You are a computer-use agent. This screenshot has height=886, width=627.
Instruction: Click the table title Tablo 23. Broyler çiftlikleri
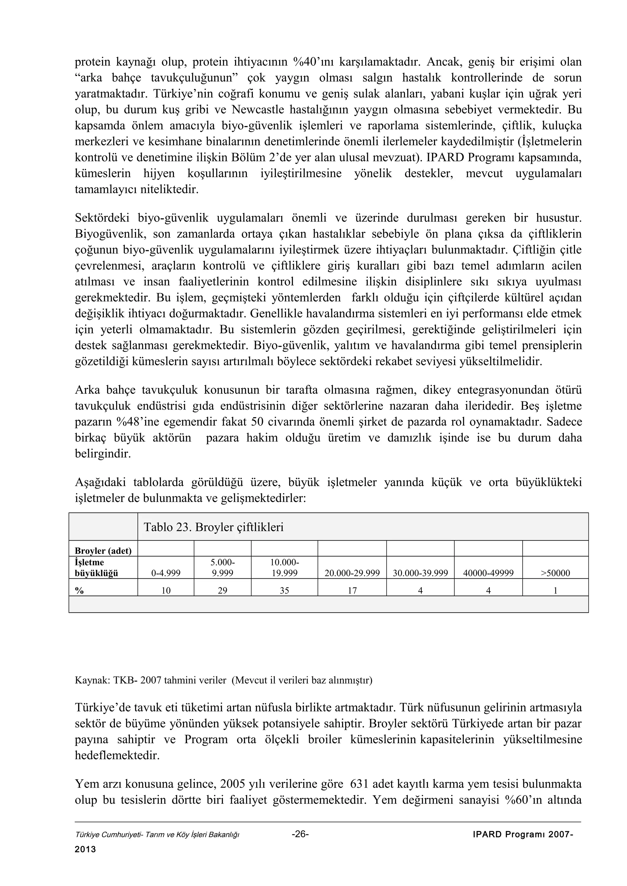tap(213, 527)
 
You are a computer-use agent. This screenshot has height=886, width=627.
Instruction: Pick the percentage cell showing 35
tap(284, 590)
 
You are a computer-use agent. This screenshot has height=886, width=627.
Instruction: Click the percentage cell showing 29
tap(223, 590)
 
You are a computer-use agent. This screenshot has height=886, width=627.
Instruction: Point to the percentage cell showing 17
tap(352, 590)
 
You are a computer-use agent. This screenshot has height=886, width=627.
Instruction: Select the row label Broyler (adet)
tap(103, 551)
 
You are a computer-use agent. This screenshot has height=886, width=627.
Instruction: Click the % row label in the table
tap(80, 590)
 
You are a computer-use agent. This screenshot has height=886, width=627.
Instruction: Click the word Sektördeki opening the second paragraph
tap(103, 218)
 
